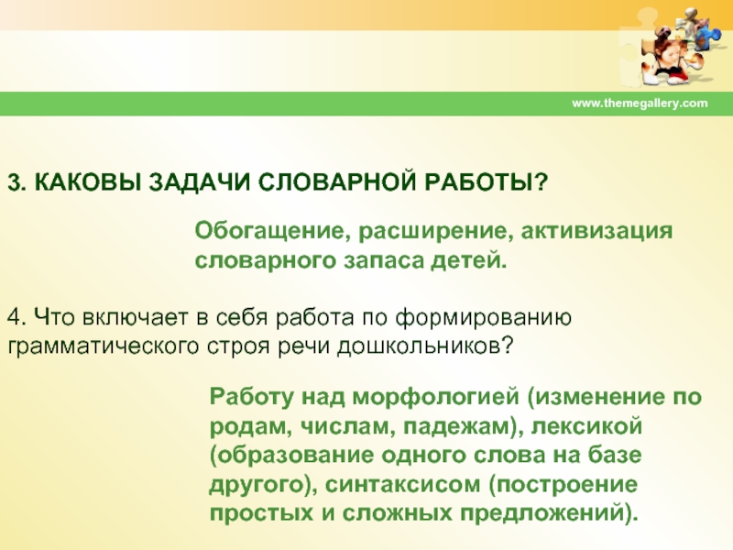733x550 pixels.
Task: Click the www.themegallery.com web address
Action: [x=640, y=104]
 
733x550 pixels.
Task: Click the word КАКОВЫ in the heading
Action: [x=87, y=181]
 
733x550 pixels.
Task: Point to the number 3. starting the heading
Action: [x=17, y=181]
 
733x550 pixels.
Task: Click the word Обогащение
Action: [x=272, y=231]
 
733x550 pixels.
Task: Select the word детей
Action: [x=469, y=260]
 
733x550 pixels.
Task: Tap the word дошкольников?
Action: [x=425, y=346]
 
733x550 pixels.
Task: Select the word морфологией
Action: [x=436, y=398]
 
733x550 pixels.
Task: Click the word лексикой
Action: [x=586, y=426]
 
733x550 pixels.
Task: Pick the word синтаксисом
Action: [x=402, y=485]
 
